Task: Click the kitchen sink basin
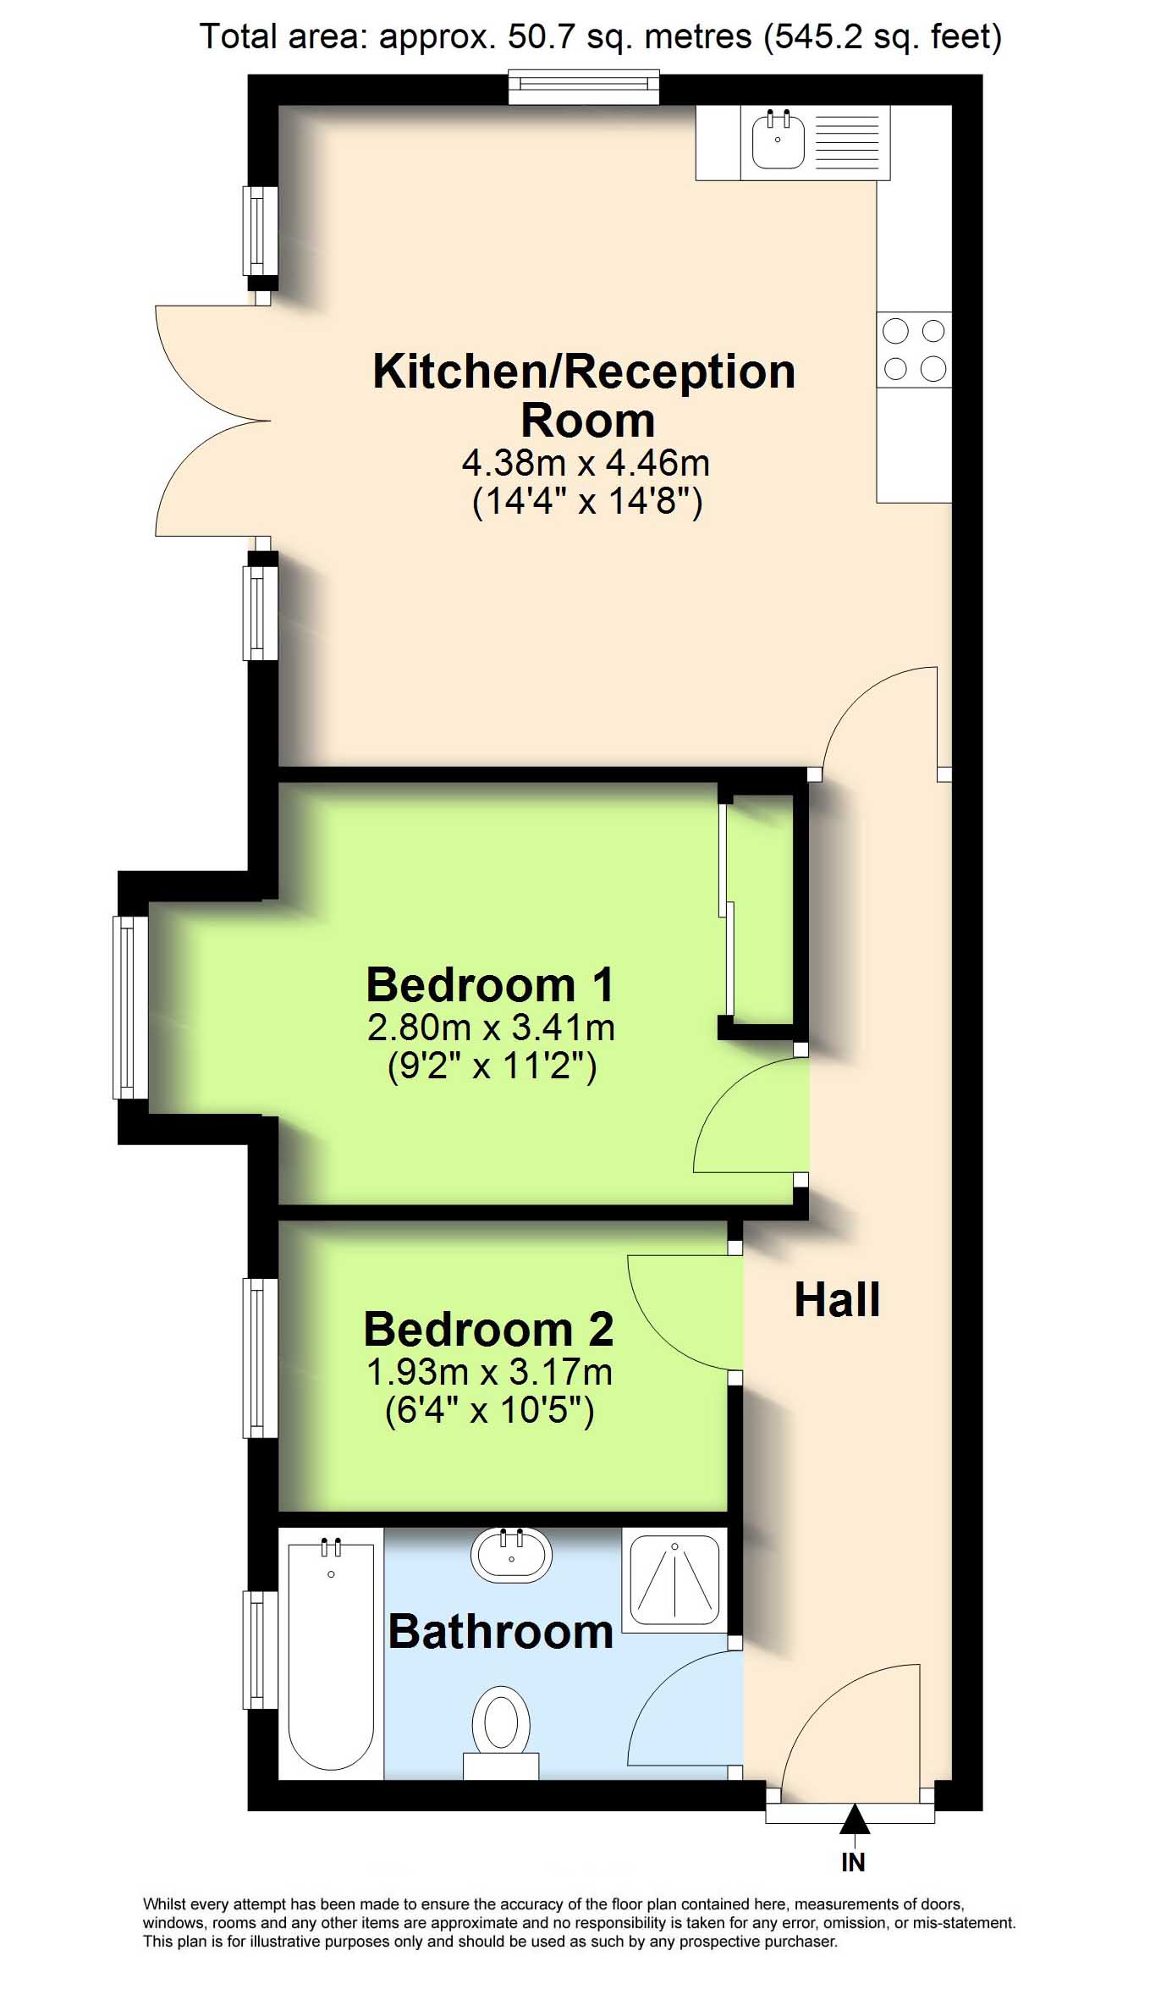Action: pos(778,138)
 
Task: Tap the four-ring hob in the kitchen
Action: pos(914,350)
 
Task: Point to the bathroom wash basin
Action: pos(511,1556)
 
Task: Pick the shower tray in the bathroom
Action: pos(674,1579)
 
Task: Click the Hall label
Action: pos(837,1299)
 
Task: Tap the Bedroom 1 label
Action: pos(490,984)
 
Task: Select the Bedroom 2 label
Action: pos(488,1329)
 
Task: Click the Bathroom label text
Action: pos(500,1631)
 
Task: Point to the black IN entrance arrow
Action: pos(855,1819)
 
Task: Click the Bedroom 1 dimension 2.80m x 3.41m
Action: pos(491,1028)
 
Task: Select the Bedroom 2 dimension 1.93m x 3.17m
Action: pos(489,1372)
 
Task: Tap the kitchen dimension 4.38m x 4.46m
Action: pos(586,463)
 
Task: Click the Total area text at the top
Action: pos(600,36)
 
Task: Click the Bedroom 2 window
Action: pos(261,1358)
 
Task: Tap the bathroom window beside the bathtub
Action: pos(261,1650)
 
